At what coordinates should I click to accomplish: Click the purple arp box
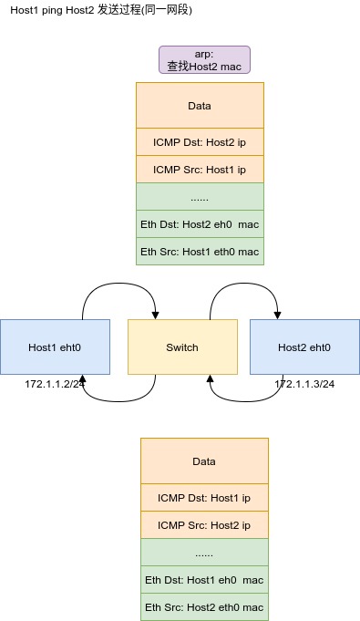pyautogui.click(x=204, y=60)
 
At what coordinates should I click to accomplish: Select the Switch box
pyautogui.click(x=182, y=347)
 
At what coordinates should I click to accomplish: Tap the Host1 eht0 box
pyautogui.click(x=55, y=347)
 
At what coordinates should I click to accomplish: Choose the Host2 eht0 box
pyautogui.click(x=304, y=347)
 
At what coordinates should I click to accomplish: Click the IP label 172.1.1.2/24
pyautogui.click(x=55, y=384)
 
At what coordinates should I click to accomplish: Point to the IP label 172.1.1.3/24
pyautogui.click(x=304, y=384)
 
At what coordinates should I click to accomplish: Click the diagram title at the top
pyautogui.click(x=101, y=10)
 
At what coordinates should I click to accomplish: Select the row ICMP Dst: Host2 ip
pyautogui.click(x=200, y=141)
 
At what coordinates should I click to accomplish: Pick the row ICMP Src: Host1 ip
pyautogui.click(x=200, y=169)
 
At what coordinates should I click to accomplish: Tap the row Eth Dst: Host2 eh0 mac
pyautogui.click(x=200, y=224)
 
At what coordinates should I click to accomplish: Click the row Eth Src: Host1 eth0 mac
pyautogui.click(x=200, y=252)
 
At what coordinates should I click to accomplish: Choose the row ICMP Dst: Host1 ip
pyautogui.click(x=204, y=497)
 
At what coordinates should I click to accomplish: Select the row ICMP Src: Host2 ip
pyautogui.click(x=204, y=524)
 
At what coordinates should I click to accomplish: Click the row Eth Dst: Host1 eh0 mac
pyautogui.click(x=204, y=579)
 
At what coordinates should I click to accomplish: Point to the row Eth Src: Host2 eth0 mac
pyautogui.click(x=204, y=606)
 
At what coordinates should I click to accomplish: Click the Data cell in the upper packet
pyautogui.click(x=200, y=106)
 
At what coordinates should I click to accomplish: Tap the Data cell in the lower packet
pyautogui.click(x=204, y=461)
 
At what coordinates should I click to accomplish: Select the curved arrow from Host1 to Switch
pyautogui.click(x=118, y=283)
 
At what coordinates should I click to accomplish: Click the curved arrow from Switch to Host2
pyautogui.click(x=243, y=283)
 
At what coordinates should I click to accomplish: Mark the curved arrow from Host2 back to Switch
pyautogui.click(x=245, y=401)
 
